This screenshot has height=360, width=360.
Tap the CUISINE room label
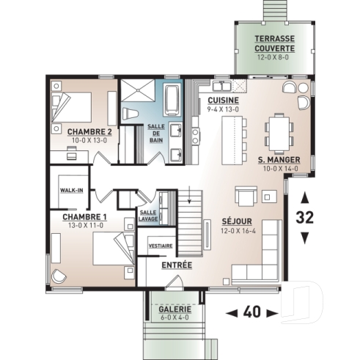[221, 100]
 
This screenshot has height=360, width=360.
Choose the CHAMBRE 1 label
[84, 217]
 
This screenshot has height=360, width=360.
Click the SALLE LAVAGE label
[148, 214]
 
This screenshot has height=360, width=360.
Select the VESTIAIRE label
[161, 246]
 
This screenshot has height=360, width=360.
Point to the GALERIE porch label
[175, 310]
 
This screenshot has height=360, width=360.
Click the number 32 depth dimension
[305, 218]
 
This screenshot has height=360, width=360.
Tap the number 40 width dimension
[251, 313]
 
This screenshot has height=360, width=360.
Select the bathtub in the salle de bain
[173, 98]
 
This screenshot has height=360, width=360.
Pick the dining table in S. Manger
[279, 131]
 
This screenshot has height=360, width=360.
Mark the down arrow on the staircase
[191, 197]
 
